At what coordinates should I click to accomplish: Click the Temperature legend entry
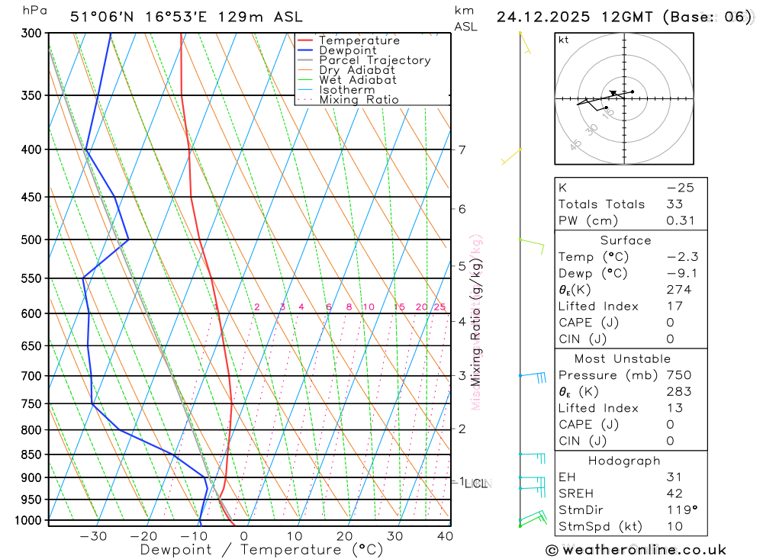(359, 40)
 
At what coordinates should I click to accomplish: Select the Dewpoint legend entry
(348, 50)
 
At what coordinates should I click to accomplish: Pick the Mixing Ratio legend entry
(359, 100)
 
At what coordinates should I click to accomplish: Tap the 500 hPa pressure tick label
(31, 239)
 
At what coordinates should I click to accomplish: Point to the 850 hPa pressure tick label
(31, 455)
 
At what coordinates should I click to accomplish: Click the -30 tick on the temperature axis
(93, 536)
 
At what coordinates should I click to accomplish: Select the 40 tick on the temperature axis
(445, 536)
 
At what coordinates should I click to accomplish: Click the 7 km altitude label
(462, 149)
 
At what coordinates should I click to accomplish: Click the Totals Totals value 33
(675, 204)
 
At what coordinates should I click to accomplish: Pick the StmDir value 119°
(679, 509)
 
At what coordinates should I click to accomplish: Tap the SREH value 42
(675, 493)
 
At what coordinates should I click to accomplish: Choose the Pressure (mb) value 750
(678, 375)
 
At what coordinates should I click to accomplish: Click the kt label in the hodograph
(563, 40)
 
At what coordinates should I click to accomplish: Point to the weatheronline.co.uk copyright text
(636, 550)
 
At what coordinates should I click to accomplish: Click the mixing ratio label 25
(439, 307)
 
